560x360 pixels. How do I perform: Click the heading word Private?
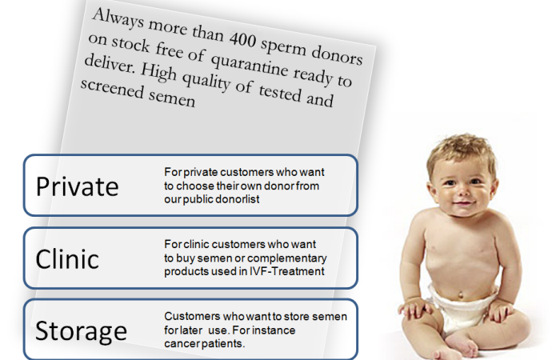(77, 186)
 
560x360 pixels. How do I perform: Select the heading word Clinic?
(67, 258)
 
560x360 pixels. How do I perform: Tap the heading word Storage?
(81, 331)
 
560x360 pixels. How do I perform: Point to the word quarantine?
(250, 66)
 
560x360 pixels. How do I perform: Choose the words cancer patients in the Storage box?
(205, 343)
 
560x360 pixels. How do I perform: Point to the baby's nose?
(463, 191)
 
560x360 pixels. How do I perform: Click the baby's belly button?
(461, 295)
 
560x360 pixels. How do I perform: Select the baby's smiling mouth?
(464, 204)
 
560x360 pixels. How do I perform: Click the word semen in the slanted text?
(172, 98)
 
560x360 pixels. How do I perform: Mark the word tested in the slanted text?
(280, 93)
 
